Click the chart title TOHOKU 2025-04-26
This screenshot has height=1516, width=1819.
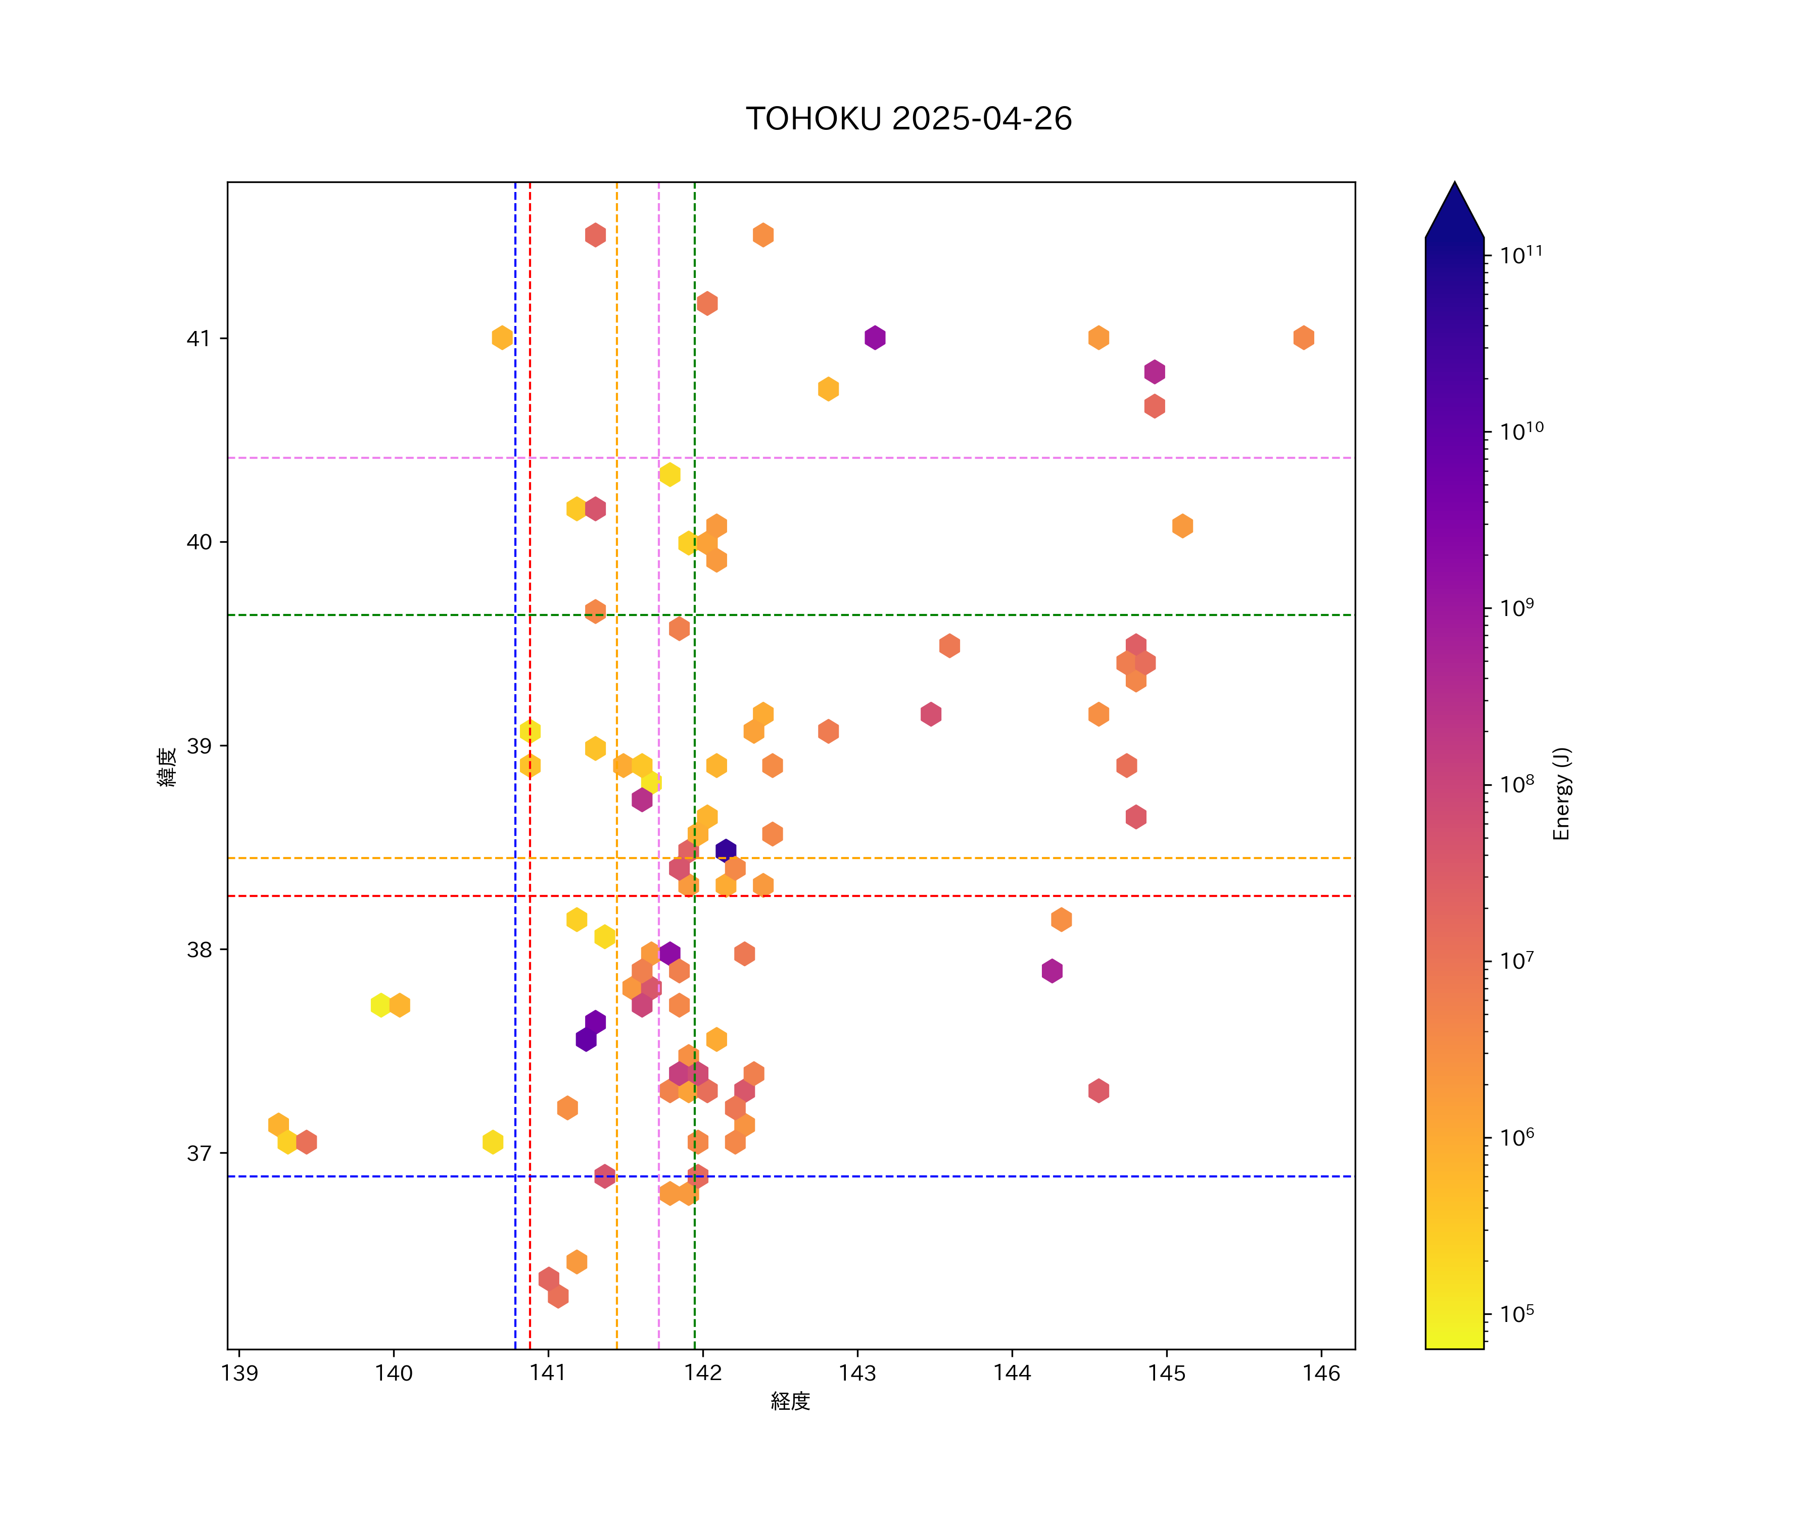pos(908,119)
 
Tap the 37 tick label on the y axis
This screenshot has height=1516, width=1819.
pos(199,1153)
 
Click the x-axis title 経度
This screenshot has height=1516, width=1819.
pos(790,1402)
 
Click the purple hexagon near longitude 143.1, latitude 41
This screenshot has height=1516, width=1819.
pos(875,338)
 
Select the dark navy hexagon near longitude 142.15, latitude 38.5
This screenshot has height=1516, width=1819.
pos(726,850)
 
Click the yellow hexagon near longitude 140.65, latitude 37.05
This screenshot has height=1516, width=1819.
pos(493,1142)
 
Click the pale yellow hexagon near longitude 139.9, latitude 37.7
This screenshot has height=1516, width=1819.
pos(380,1005)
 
